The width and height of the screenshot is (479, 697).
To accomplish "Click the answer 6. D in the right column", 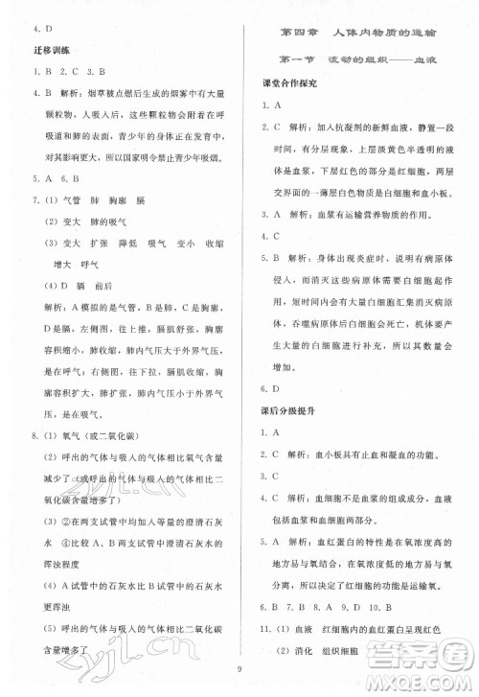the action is coord(271,388).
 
